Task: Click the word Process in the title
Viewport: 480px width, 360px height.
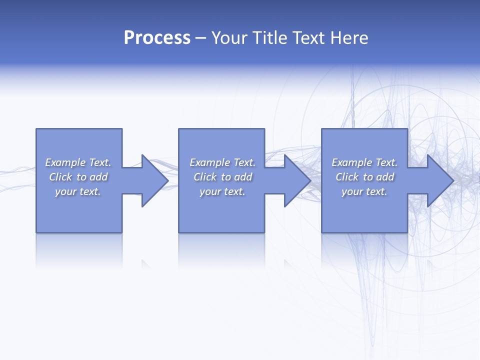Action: pyautogui.click(x=157, y=38)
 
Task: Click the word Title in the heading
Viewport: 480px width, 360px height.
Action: pyautogui.click(x=269, y=38)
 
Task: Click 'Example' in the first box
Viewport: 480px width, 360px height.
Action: pyautogui.click(x=65, y=162)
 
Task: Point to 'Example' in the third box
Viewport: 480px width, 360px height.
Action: pyautogui.click(x=352, y=162)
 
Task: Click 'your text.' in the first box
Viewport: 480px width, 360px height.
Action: pyautogui.click(x=78, y=191)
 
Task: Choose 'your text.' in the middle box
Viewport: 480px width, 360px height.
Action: pyautogui.click(x=222, y=191)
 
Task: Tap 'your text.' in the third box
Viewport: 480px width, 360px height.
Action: pyautogui.click(x=364, y=191)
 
